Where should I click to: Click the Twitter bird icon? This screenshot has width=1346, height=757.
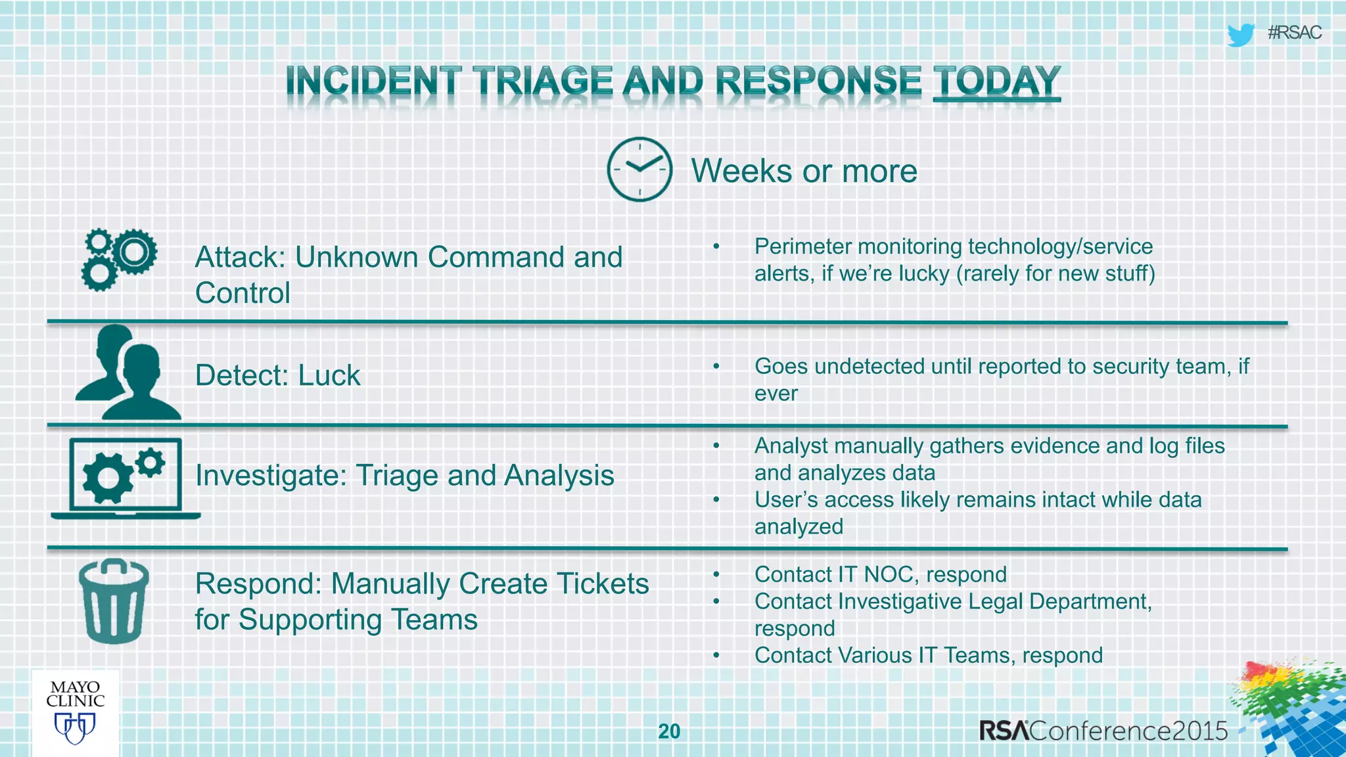[1240, 34]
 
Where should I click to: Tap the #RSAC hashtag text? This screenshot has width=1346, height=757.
[1294, 33]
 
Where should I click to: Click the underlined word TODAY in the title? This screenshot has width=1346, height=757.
[996, 81]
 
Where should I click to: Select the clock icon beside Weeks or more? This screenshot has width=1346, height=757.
[639, 170]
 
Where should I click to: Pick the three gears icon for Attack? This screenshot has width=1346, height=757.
[119, 260]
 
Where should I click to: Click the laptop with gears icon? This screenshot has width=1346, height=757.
[125, 478]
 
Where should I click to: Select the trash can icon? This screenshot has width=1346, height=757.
[114, 601]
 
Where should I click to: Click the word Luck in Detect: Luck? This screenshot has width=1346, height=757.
[329, 376]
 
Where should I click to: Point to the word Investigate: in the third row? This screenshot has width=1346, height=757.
[271, 476]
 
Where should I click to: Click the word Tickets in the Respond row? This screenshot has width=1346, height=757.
[602, 584]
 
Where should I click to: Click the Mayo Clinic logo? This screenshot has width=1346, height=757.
[75, 713]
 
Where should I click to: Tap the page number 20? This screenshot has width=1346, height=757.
[669, 731]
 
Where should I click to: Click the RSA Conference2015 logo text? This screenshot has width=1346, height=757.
[1103, 731]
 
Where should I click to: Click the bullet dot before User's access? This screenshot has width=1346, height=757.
[716, 500]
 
